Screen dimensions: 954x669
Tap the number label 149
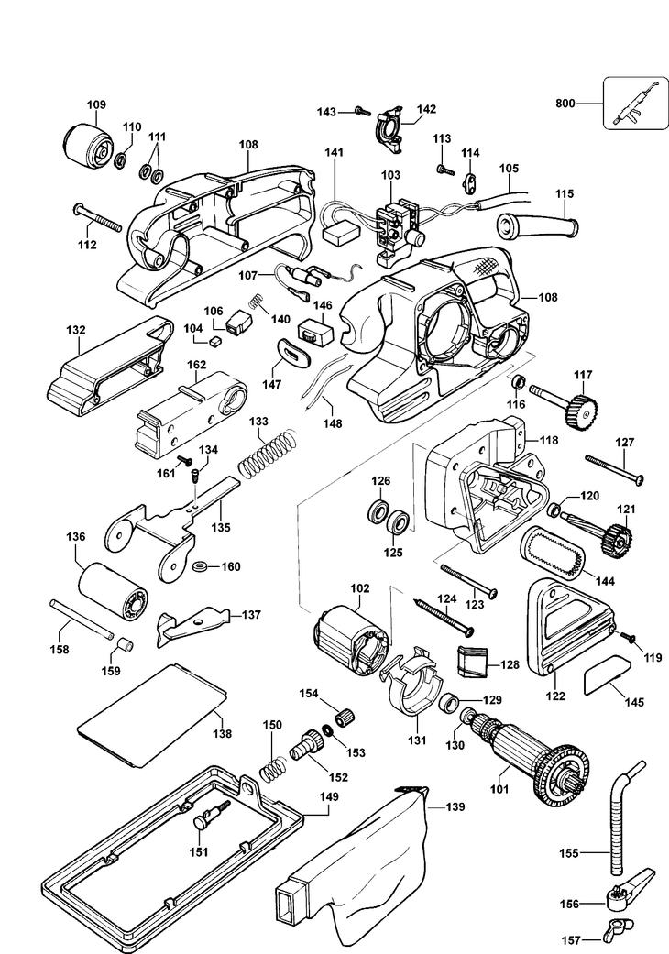pyautogui.click(x=328, y=796)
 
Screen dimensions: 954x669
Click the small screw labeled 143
pyautogui.click(x=356, y=111)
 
